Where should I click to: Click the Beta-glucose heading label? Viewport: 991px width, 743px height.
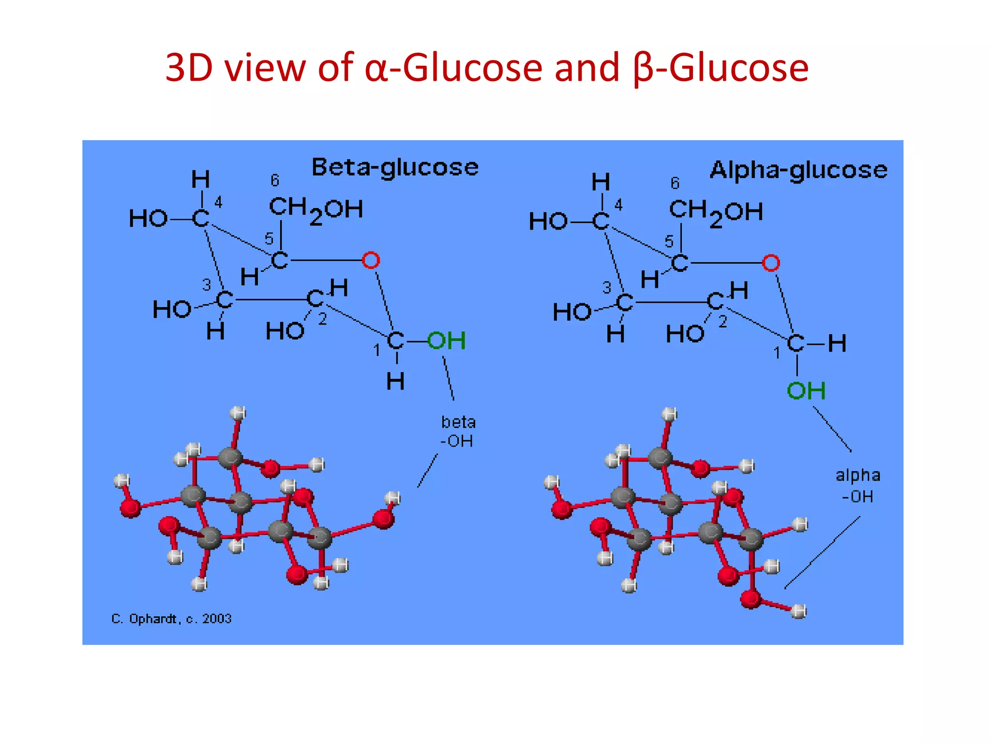[395, 168]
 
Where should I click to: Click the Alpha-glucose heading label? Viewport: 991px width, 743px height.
[798, 170]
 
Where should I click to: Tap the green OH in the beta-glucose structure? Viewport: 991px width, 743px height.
[446, 341]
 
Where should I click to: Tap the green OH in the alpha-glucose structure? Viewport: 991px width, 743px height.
[806, 390]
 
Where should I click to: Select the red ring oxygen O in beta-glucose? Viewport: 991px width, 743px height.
[371, 260]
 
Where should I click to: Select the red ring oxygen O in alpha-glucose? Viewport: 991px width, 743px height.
[771, 263]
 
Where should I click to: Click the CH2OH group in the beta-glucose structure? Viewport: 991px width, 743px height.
[315, 210]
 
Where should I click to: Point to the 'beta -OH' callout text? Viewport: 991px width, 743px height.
[458, 431]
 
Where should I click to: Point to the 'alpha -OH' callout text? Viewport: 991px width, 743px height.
[858, 486]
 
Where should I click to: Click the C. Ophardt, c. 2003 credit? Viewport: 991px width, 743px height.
[171, 619]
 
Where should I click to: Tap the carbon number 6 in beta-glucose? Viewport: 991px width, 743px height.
[275, 180]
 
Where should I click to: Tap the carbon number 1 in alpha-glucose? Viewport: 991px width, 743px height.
[777, 353]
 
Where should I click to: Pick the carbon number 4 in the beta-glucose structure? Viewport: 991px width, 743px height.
[218, 202]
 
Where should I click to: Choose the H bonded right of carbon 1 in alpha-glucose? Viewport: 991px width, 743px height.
[837, 344]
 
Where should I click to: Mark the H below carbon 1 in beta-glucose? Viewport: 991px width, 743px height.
[395, 382]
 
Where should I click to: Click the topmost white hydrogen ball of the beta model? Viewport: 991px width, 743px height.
[238, 413]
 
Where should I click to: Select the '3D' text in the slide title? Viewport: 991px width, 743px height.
[189, 68]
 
